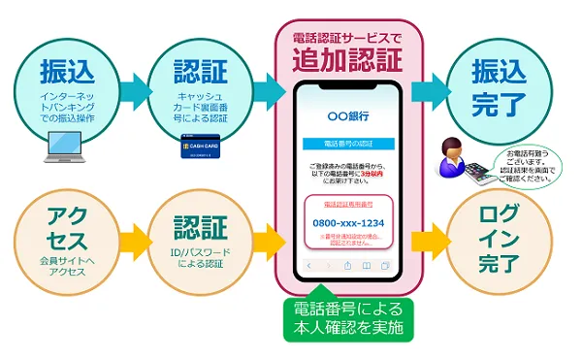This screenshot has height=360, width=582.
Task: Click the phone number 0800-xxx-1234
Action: pyautogui.click(x=347, y=222)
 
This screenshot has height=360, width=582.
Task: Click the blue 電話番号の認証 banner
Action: pyautogui.click(x=347, y=145)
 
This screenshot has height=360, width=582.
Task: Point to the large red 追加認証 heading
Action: pyautogui.click(x=346, y=60)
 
